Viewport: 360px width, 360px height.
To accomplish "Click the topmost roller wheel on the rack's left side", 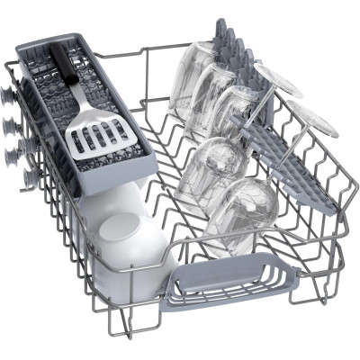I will tap(10, 93).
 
